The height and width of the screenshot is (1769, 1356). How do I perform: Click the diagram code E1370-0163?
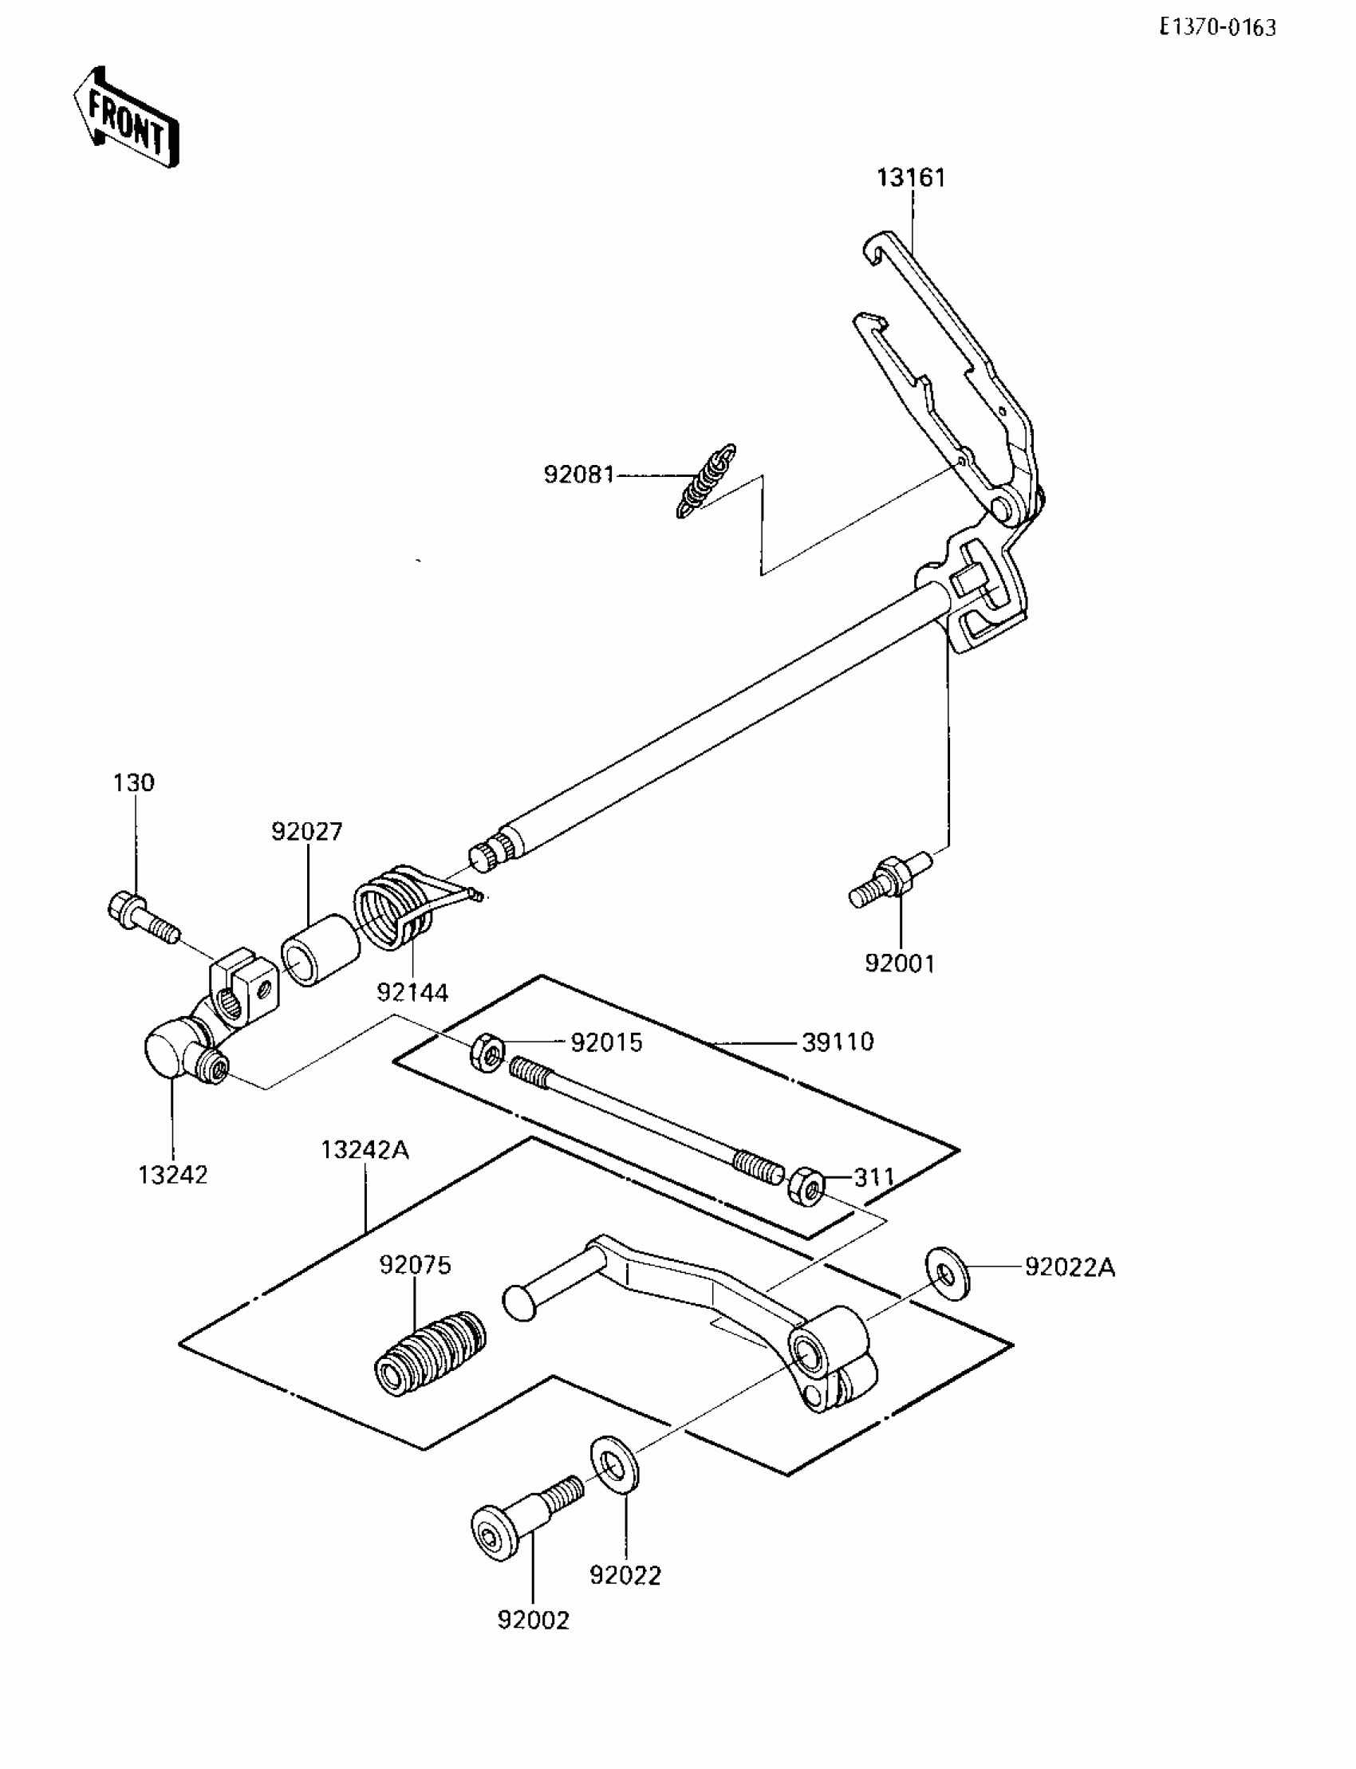point(1218,28)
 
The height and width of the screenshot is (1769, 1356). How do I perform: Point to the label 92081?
point(579,475)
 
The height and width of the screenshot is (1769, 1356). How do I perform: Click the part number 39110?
point(838,1042)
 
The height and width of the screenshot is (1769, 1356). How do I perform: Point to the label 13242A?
point(365,1150)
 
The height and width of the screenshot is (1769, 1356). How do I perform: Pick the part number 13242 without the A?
point(173,1175)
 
